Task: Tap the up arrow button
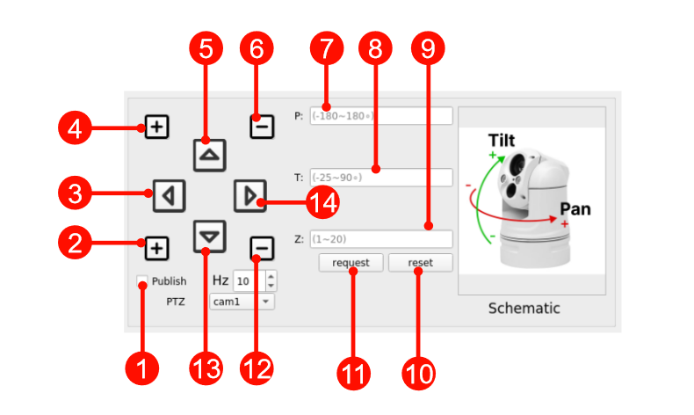209,155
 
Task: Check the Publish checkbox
142,281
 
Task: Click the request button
351,263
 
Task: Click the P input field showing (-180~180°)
381,116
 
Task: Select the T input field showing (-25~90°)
381,178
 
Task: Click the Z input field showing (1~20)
381,239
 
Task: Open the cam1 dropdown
242,302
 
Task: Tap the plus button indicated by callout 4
156,127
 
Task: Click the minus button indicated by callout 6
261,127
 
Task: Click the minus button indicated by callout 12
261,249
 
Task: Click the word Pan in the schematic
575,209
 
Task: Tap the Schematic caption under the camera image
524,309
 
